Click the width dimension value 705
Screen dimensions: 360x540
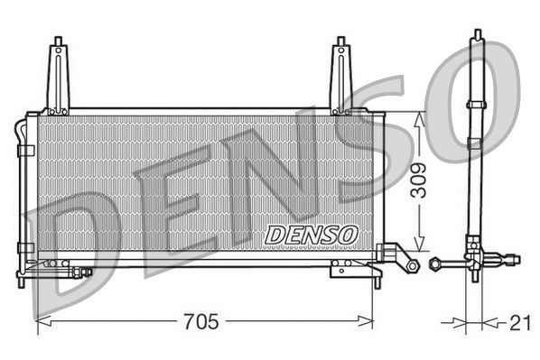tap(205, 320)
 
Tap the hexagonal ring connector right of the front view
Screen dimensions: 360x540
tap(411, 265)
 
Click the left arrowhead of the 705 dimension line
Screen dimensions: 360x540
tap(41, 320)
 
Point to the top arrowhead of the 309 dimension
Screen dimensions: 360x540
tap(418, 116)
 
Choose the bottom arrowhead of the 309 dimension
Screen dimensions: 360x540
tap(418, 245)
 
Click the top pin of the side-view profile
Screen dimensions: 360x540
tap(476, 36)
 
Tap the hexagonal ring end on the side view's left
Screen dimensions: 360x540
tap(435, 263)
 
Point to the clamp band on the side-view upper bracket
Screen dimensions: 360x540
tap(476, 106)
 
